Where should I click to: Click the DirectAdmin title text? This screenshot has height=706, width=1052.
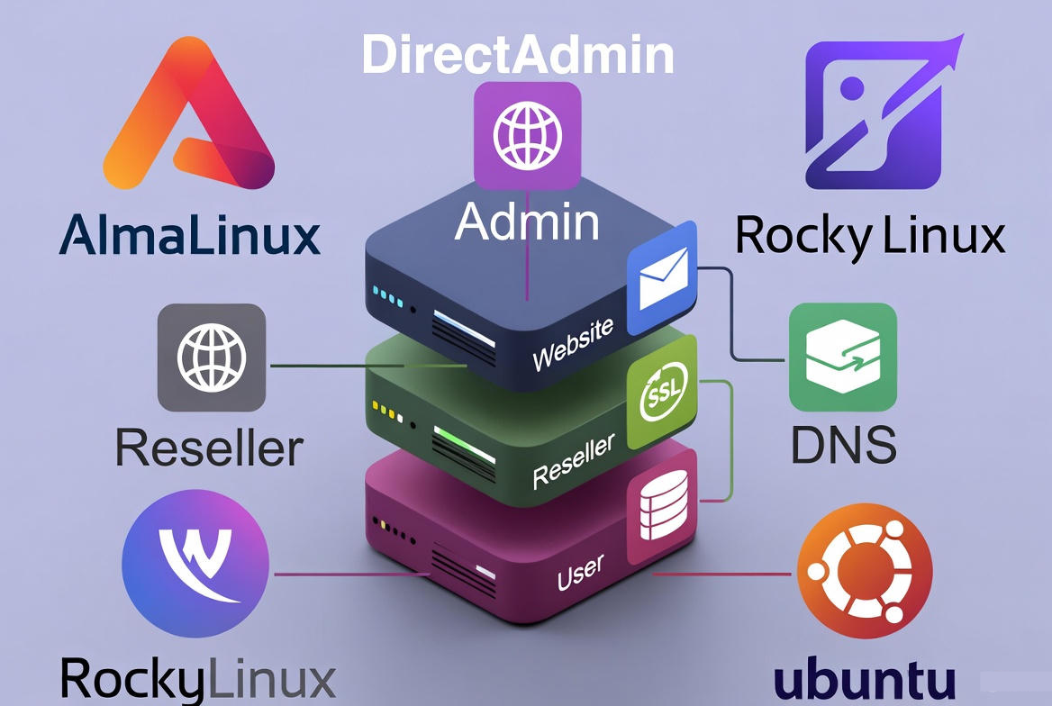[x=518, y=55]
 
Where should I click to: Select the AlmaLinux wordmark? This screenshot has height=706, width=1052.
[x=190, y=235]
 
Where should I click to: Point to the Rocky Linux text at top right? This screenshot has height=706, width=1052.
[x=869, y=235]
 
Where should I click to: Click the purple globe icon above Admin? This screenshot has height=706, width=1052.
[x=527, y=136]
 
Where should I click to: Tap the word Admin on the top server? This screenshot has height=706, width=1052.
[x=527, y=222]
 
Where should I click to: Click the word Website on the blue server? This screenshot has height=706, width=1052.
[x=572, y=345]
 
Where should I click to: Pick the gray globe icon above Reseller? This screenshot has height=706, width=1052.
[x=212, y=358]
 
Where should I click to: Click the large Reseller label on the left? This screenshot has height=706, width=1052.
[x=209, y=447]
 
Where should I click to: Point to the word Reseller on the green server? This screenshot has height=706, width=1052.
[x=573, y=460]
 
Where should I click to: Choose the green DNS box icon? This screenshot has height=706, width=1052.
[x=843, y=357]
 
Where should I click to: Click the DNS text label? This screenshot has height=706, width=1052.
[x=843, y=444]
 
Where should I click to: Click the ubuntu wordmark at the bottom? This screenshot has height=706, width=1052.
[x=865, y=680]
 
